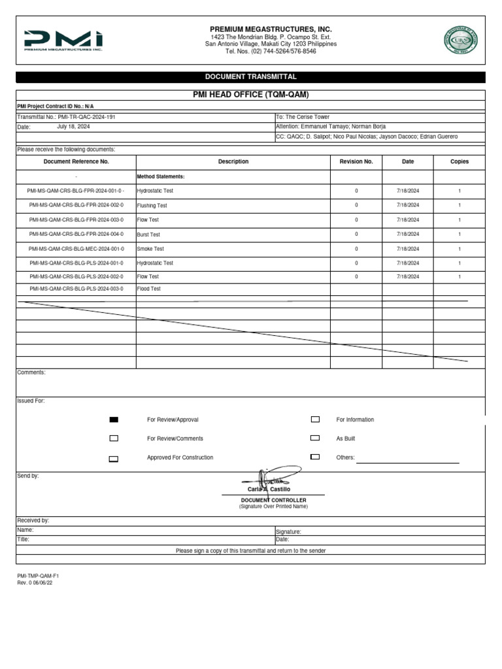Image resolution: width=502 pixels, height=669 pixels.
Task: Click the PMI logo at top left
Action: pos(63,40)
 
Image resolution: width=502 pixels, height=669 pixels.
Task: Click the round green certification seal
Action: pos(461,41)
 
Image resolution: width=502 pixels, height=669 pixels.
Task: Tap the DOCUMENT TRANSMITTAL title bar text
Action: pos(251,77)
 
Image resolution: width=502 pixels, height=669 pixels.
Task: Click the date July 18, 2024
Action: pos(73,127)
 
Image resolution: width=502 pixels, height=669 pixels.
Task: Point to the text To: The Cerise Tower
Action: pos(303,117)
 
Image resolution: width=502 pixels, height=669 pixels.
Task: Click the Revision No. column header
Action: pos(356,161)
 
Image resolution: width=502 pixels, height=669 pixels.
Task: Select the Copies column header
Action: pos(460,161)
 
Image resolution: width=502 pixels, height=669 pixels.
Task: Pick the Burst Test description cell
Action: pos(148,235)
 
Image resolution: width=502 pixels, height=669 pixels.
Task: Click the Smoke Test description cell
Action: pos(150,249)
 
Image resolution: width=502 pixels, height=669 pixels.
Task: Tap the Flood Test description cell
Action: pos(148,288)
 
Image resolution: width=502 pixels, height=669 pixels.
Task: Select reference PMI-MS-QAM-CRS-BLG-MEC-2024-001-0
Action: pos(76,249)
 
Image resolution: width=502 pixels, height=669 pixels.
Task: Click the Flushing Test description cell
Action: pos(152,206)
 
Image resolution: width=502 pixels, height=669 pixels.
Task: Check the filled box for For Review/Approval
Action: pos(114,419)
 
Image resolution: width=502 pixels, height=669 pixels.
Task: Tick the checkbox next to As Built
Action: pos(315,438)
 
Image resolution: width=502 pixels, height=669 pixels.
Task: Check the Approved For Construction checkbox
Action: pos(114,459)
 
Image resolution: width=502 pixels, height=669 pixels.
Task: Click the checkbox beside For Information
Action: pos(315,419)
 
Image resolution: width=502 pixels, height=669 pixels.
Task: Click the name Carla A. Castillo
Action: pos(269,489)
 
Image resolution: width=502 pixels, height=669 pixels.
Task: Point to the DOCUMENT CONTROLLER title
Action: pos(273,500)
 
